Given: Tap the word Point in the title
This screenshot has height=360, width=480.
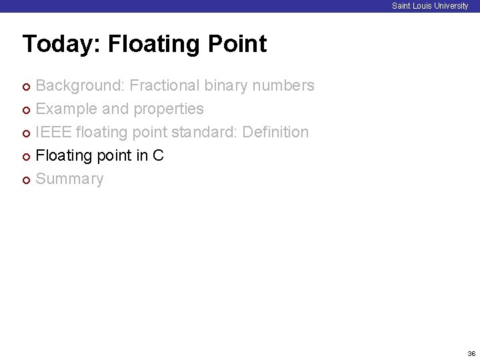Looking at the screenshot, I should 237,44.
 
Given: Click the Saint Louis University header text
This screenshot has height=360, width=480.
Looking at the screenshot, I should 430,6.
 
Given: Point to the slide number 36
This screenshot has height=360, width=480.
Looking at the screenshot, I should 471,353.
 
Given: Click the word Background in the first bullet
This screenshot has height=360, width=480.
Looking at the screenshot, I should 80,85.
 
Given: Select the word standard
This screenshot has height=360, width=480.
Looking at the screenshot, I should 202,132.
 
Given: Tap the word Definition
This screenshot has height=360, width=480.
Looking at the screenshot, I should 275,132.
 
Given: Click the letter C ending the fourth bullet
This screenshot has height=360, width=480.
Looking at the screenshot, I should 158,155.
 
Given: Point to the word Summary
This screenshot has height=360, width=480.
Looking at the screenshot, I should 69,179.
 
